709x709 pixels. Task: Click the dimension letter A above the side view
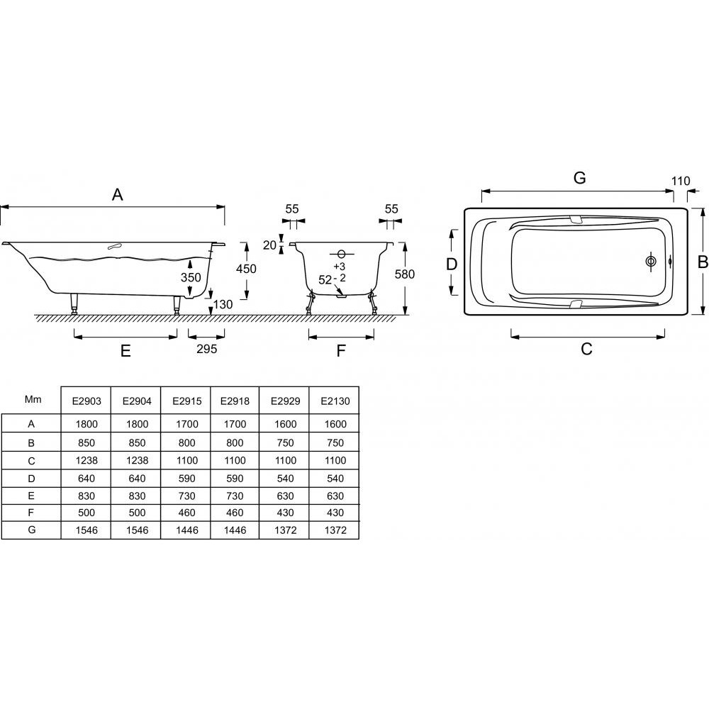pyautogui.click(x=118, y=194)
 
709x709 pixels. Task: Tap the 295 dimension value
pyautogui.click(x=206, y=349)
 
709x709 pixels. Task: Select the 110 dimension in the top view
pyautogui.click(x=680, y=181)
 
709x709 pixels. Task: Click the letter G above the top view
pyautogui.click(x=579, y=178)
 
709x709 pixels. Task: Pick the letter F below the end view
pyautogui.click(x=340, y=350)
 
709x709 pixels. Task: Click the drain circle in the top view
pyautogui.click(x=651, y=262)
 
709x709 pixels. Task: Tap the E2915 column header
pyautogui.click(x=186, y=401)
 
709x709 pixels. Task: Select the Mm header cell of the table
pyautogui.click(x=32, y=399)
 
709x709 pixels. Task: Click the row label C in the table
pyautogui.click(x=31, y=460)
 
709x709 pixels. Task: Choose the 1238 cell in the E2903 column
pyautogui.click(x=86, y=460)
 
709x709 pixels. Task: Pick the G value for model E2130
pyautogui.click(x=334, y=530)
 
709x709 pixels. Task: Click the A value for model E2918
pyautogui.click(x=235, y=424)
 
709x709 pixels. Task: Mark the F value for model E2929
pyautogui.click(x=284, y=513)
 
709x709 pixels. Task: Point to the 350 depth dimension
pyautogui.click(x=190, y=278)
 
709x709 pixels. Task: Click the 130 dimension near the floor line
pyautogui.click(x=223, y=304)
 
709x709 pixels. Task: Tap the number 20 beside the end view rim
pyautogui.click(x=269, y=245)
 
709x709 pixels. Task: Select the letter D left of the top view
pyautogui.click(x=452, y=264)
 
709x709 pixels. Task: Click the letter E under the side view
pyautogui.click(x=125, y=350)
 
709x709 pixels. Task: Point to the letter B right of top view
pyautogui.click(x=702, y=262)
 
